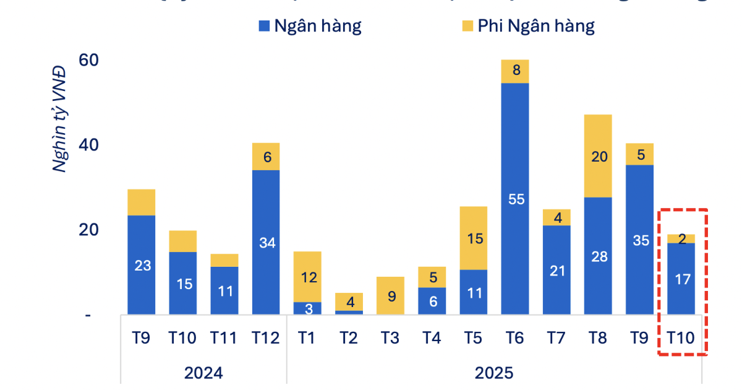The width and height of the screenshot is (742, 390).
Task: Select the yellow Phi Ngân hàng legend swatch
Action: tap(467, 26)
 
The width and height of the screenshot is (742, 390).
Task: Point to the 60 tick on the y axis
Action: tap(89, 61)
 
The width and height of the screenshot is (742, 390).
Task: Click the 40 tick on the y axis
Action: tap(89, 145)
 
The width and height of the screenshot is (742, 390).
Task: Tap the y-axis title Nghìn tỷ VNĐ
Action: tap(60, 118)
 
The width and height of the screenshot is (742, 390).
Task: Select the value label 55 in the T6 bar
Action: tap(515, 199)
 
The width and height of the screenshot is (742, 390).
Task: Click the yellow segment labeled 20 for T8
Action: tap(598, 156)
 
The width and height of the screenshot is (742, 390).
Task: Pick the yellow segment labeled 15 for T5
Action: tap(474, 238)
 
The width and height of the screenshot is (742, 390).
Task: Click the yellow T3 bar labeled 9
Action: tap(391, 296)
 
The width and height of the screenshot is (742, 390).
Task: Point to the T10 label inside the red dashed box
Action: tap(681, 338)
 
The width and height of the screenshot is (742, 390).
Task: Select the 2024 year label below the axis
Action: tap(203, 373)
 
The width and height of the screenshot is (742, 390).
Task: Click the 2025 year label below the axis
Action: tap(494, 373)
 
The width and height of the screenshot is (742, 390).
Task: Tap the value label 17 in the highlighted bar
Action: tap(681, 279)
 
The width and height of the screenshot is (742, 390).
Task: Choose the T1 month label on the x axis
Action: tap(307, 338)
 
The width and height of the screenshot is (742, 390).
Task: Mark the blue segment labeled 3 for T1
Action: tap(307, 308)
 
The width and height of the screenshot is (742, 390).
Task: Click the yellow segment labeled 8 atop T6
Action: tap(515, 71)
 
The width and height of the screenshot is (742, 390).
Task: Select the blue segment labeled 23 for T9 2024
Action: tap(141, 265)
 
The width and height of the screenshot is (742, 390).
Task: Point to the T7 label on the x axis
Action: tap(556, 338)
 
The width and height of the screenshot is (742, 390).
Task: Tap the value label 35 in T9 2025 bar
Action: tap(641, 240)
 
